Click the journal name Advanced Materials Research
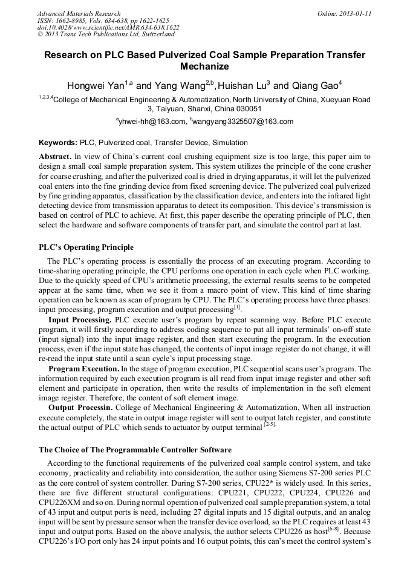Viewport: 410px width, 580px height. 79,13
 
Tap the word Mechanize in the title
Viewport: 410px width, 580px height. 204,67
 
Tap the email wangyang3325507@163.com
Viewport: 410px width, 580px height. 242,122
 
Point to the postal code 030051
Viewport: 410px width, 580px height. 249,109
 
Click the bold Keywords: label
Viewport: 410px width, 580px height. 58,143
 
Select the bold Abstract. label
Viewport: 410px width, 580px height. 56,156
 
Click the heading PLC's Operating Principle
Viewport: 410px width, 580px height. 86,247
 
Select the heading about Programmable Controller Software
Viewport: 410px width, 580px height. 135,450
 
